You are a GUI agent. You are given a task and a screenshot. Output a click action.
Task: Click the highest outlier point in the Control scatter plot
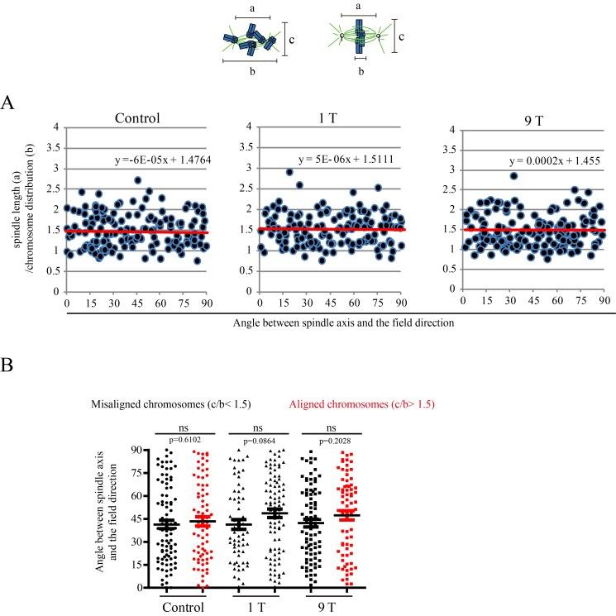tap(137, 180)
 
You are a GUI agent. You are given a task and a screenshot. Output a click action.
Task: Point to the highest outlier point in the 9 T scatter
tap(513, 175)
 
